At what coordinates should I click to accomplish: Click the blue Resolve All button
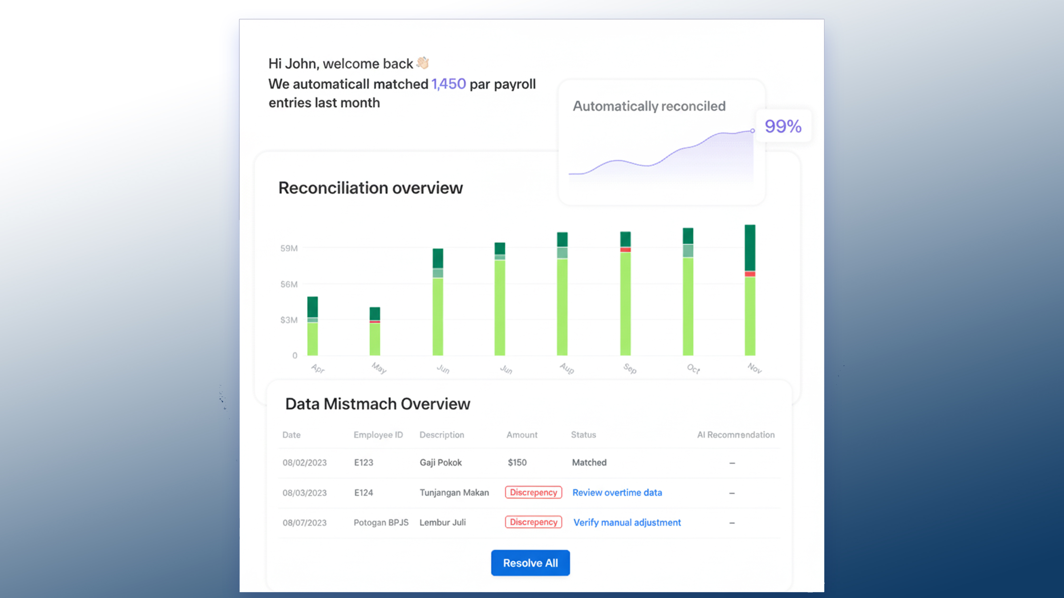coord(530,563)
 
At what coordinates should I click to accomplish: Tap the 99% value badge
coord(783,126)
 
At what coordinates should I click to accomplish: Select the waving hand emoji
coord(423,63)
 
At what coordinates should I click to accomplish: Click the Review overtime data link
coord(617,493)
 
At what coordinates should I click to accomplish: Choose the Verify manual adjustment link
coord(627,523)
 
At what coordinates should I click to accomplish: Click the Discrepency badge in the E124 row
coord(533,492)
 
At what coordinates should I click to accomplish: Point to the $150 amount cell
coord(517,462)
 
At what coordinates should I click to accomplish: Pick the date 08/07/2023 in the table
coord(304,523)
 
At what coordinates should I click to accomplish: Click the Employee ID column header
coord(378,435)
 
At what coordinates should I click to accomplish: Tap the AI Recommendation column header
coord(736,435)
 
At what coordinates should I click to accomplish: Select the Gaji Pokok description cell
coord(441,462)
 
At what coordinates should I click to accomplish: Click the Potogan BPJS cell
coord(381,523)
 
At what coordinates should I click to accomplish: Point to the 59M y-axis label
coord(289,248)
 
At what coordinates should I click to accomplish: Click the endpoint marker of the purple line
coord(752,131)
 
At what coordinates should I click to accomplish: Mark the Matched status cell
coord(589,462)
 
